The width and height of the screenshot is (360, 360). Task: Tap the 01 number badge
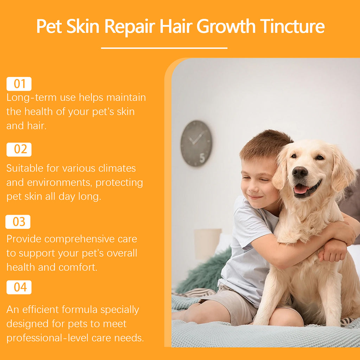click(x=19, y=84)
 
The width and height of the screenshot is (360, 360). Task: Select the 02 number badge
click(x=19, y=149)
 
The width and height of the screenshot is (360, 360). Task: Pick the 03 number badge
click(x=18, y=222)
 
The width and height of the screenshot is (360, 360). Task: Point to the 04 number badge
click(x=19, y=287)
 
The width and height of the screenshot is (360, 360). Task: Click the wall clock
click(x=196, y=143)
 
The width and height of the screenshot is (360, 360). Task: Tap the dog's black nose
click(x=300, y=172)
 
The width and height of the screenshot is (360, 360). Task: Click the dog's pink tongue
click(x=301, y=189)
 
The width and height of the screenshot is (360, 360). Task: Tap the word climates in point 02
click(x=117, y=168)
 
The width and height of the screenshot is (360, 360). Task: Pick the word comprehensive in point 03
click(x=79, y=239)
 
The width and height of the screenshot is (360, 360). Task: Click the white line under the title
click(x=164, y=48)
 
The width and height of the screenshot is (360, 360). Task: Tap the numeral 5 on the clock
click(x=202, y=158)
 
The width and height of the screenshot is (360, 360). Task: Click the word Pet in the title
click(x=49, y=26)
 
